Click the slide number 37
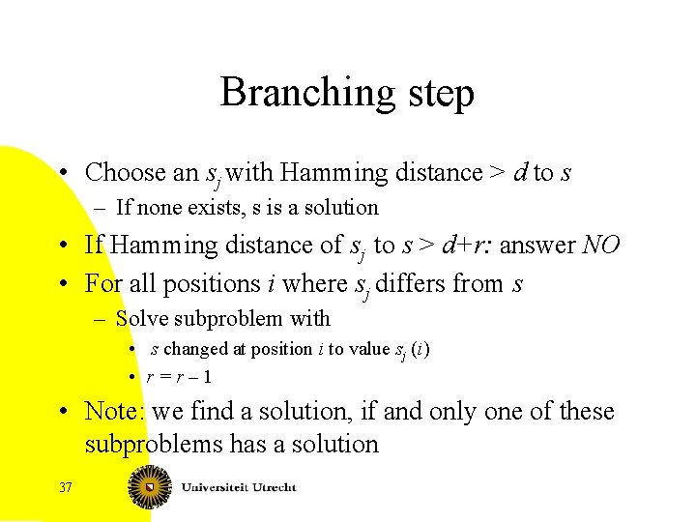[65, 487]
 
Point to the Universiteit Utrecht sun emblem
[150, 487]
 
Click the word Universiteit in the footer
[218, 487]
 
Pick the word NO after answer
[602, 246]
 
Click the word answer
[541, 246]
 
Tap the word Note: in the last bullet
[114, 412]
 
